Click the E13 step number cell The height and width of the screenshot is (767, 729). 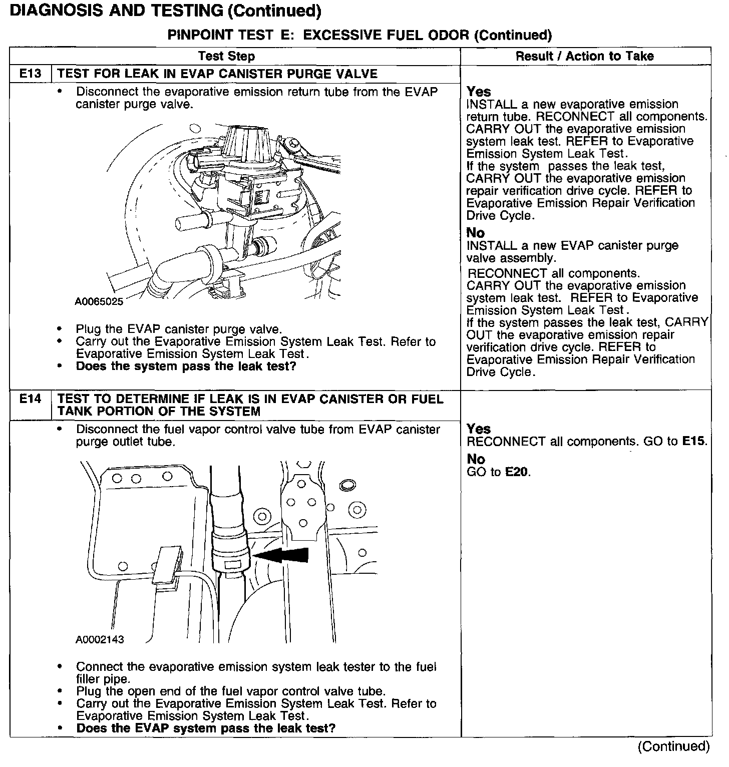point(30,74)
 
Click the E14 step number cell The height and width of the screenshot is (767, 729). point(30,399)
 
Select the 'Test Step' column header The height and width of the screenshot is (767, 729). point(226,56)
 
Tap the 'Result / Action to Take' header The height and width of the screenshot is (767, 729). point(585,56)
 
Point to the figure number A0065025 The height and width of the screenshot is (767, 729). point(99,301)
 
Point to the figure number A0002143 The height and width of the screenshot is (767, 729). point(100,639)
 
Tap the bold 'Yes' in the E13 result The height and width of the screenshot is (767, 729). point(479,92)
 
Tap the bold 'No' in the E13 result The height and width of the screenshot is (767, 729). point(475,233)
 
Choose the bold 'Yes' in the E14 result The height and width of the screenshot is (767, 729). point(479,429)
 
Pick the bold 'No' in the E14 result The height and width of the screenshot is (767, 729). point(475,459)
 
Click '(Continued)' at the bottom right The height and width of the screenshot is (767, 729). point(673,746)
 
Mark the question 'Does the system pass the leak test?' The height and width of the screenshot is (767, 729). point(186,366)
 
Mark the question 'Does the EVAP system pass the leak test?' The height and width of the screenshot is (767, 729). point(205,728)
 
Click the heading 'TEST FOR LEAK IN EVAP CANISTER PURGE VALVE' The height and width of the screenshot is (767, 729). point(217,74)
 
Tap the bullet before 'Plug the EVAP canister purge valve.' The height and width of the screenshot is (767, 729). point(60,329)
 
